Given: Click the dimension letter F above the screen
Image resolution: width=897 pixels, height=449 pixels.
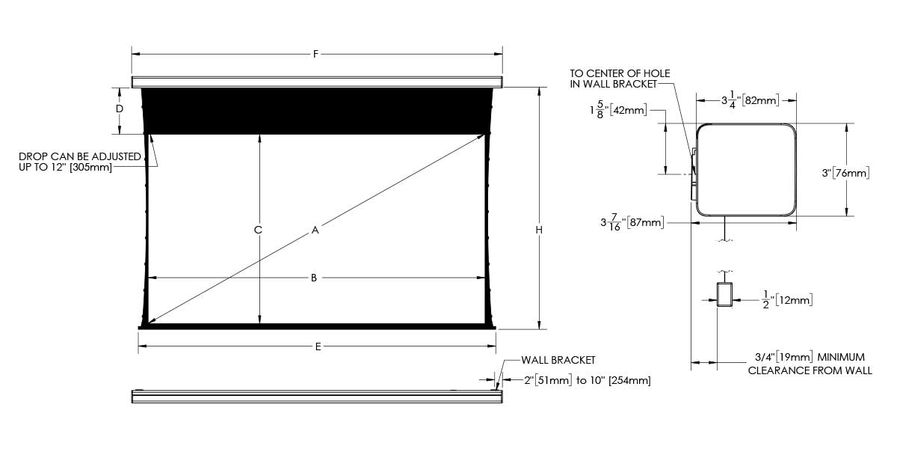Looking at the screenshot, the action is click(x=315, y=54).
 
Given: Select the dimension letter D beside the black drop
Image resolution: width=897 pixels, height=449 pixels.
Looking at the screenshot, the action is click(x=120, y=109).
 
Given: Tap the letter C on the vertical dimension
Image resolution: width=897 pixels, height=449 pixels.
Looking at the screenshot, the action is click(x=258, y=230).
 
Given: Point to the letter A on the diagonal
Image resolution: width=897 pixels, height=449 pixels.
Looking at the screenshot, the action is click(x=315, y=230).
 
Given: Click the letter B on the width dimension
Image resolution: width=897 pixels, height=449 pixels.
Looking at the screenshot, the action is click(x=314, y=278).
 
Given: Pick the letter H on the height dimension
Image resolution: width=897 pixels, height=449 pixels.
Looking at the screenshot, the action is click(x=539, y=230).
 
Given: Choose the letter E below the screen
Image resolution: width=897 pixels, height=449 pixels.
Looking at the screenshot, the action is click(x=318, y=346).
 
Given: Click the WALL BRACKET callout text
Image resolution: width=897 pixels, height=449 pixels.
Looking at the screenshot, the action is click(x=558, y=360).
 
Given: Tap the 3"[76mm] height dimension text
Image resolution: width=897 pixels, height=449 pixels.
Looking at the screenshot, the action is click(x=845, y=173).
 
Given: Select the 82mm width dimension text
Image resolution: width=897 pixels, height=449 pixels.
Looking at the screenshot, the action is click(x=750, y=100).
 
